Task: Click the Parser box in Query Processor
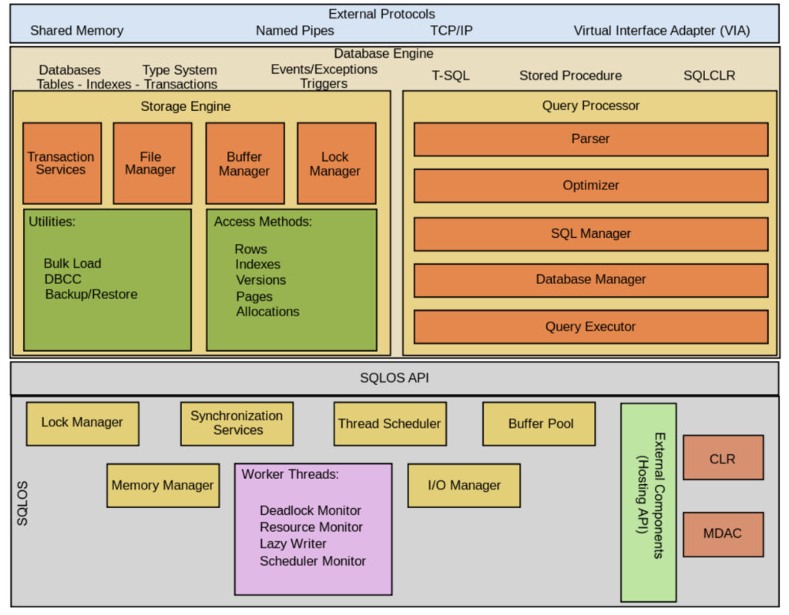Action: point(591,139)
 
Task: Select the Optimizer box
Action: point(591,186)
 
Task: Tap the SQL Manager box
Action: point(591,233)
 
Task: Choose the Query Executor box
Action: point(591,326)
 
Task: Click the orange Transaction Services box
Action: point(62,163)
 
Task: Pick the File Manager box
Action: point(152,163)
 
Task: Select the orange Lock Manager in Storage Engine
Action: point(336,163)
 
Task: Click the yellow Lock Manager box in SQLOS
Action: point(82,423)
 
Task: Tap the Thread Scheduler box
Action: point(390,423)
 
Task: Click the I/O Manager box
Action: point(464,485)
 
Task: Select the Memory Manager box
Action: point(163,485)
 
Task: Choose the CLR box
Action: point(723,458)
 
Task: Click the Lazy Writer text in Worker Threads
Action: point(293,543)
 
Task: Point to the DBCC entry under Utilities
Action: point(62,279)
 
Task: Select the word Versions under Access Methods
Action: point(260,280)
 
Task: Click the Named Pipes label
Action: point(295,31)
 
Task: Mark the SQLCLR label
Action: point(709,75)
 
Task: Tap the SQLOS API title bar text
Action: point(394,378)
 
